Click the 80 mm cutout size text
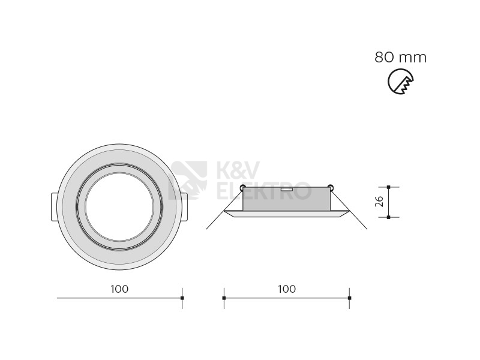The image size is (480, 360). pos(400,58)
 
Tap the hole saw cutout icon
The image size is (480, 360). pos(400,82)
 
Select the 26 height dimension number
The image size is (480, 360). pos(379,202)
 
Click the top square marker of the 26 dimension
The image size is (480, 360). pos(388,187)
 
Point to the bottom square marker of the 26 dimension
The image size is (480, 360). pos(388,217)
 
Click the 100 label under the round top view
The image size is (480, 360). pos(119,289)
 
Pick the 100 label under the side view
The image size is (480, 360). pos(287,289)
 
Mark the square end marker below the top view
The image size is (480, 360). pos(182,298)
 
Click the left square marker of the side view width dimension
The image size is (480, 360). pos(224,298)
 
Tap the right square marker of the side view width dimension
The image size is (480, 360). pos(350,298)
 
